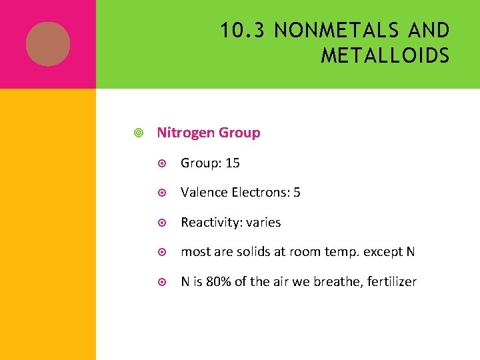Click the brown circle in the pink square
pos(48,44)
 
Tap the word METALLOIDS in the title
pos(385,55)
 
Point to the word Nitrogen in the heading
pos(185,133)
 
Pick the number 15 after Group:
pos(233,163)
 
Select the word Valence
pos(204,193)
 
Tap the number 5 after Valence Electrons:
pos(297,193)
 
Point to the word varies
pos(263,222)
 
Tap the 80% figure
pos(218,281)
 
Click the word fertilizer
pos(390,281)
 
